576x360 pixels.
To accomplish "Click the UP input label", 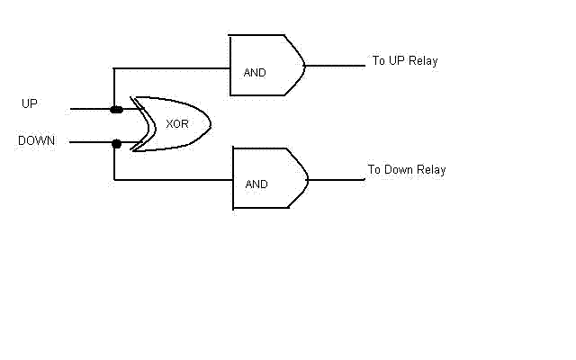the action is [30, 103].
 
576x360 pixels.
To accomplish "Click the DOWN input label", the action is [36, 140].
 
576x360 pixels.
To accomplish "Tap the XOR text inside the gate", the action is [177, 124].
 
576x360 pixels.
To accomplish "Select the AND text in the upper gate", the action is [255, 73].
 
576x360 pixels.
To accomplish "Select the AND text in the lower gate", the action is [256, 184].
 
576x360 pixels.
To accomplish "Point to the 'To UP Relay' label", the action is [405, 60].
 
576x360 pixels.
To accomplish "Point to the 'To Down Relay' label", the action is [407, 170].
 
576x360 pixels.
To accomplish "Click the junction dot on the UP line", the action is [116, 110].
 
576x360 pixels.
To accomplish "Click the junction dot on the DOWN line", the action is [116, 144].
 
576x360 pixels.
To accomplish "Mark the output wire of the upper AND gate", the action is [335, 66].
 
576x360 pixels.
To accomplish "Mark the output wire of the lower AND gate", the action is [337, 180].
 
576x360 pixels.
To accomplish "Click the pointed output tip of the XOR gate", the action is [211, 124].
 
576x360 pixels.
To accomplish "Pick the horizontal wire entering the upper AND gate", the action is [172, 68].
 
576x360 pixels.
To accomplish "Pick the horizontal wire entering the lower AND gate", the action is [174, 180].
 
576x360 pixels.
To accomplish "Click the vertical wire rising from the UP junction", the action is [114, 88].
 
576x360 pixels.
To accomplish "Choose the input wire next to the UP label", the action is [90, 109].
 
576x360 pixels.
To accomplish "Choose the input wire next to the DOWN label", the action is [91, 142].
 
